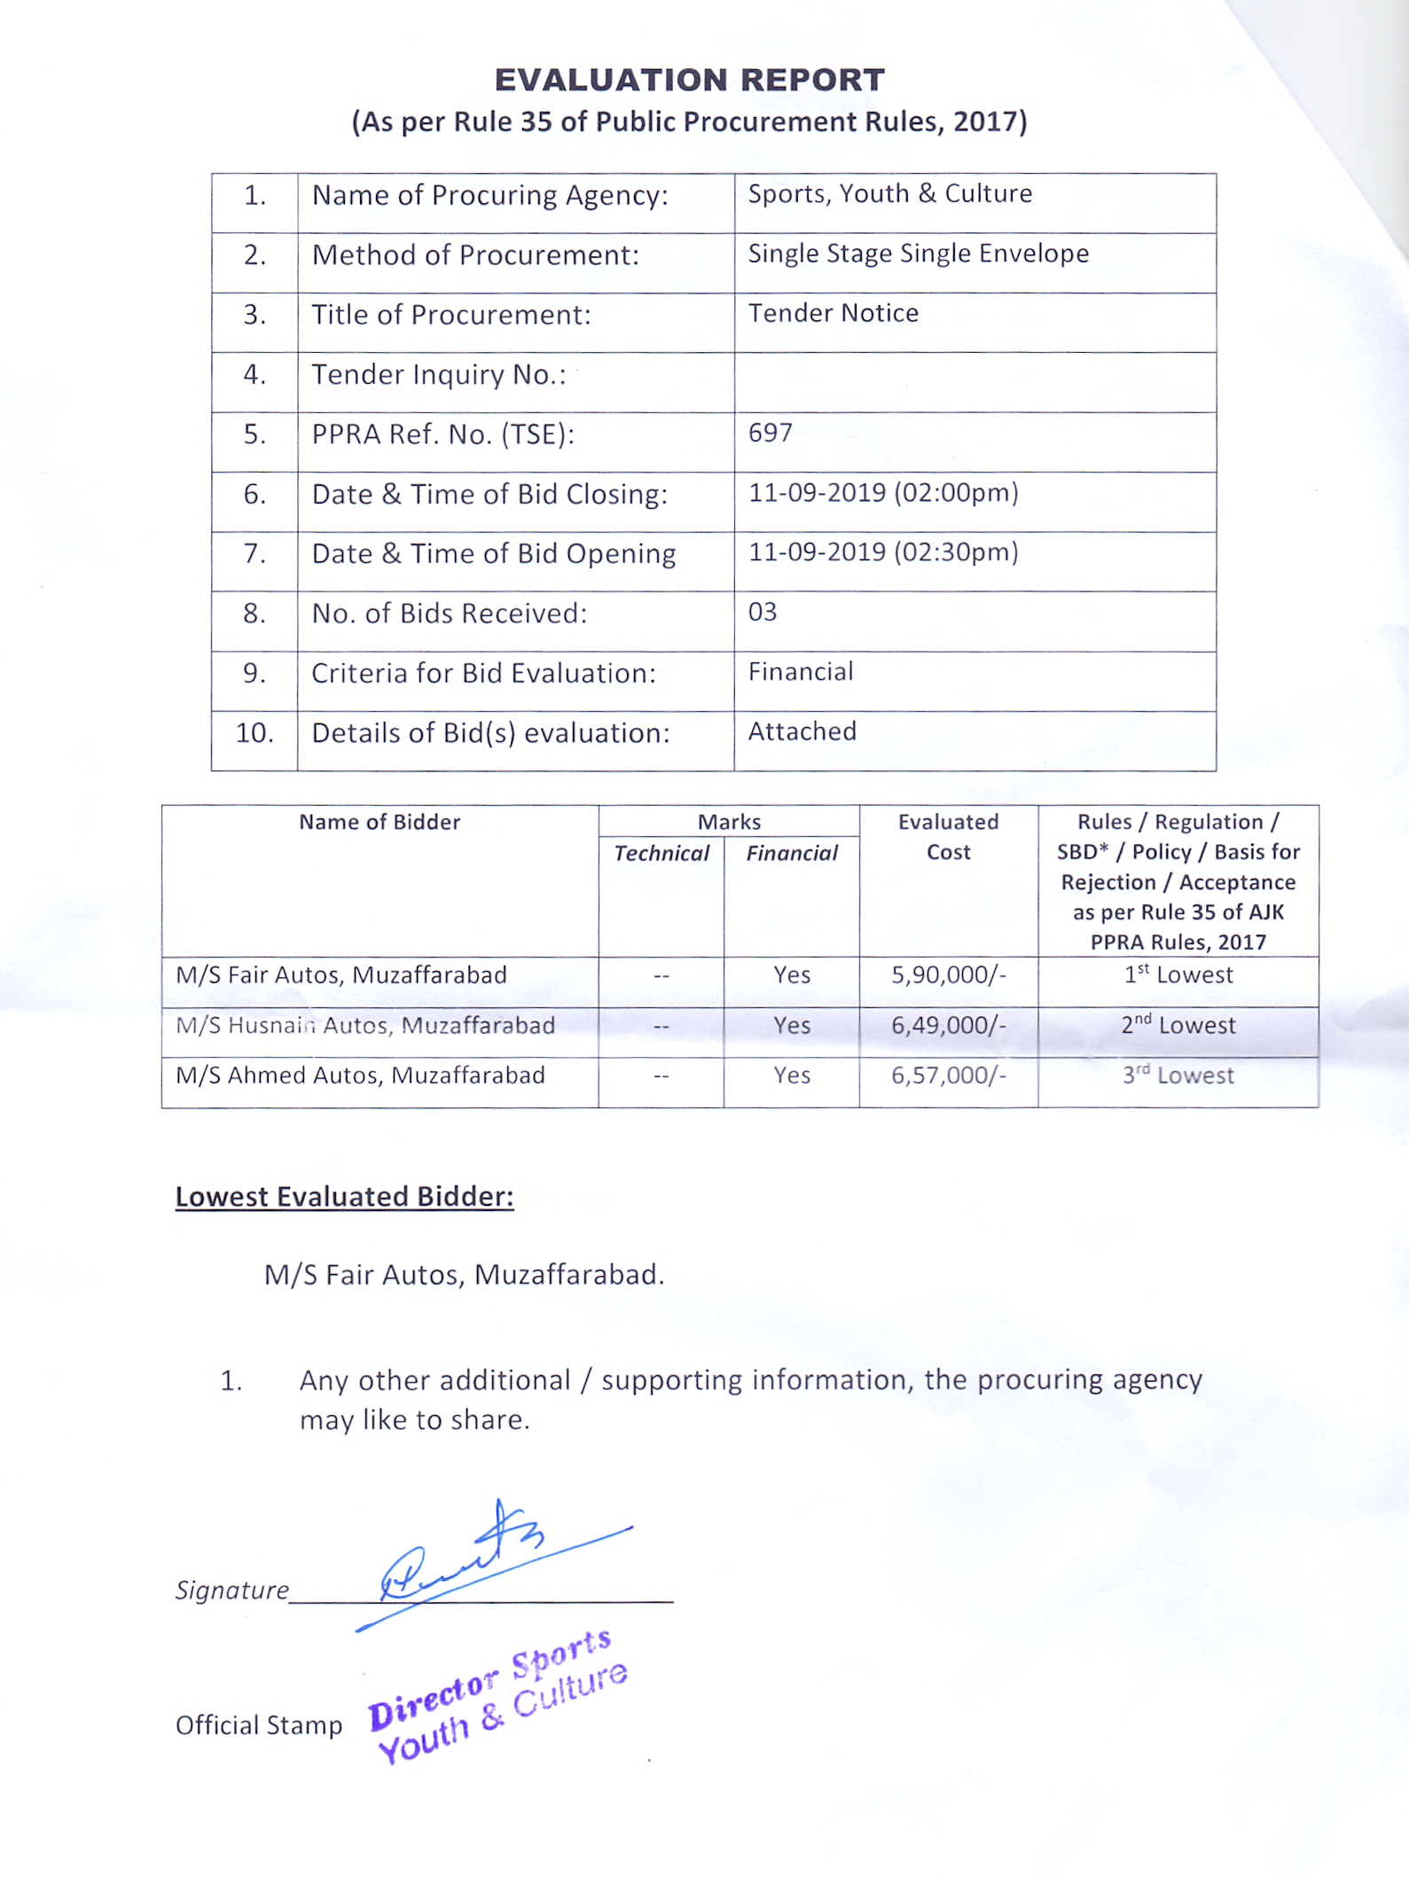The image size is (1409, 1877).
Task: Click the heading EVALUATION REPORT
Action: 689,80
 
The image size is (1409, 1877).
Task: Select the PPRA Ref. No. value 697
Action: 770,433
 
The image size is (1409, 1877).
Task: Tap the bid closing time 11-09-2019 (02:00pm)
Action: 883,493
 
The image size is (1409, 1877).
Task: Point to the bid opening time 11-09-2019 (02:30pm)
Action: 883,552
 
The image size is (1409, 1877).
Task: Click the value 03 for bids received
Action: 763,612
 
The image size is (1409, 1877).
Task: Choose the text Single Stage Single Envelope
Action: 918,254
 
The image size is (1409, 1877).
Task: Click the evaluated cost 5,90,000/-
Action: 948,975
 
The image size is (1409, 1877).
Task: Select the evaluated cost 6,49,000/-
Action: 948,1026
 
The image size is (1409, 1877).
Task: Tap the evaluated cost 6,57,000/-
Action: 948,1075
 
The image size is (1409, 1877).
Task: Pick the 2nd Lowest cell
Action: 1178,1026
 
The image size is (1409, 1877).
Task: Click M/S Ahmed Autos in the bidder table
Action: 360,1075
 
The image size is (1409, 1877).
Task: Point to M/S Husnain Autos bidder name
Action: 364,1026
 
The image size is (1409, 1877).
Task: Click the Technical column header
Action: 661,853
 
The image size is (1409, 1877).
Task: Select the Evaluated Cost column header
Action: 948,837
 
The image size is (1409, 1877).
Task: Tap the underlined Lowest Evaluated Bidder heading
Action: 344,1197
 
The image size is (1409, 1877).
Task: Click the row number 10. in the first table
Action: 254,733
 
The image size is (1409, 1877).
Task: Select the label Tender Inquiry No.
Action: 438,375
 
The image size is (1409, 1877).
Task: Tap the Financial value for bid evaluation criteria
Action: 800,672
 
